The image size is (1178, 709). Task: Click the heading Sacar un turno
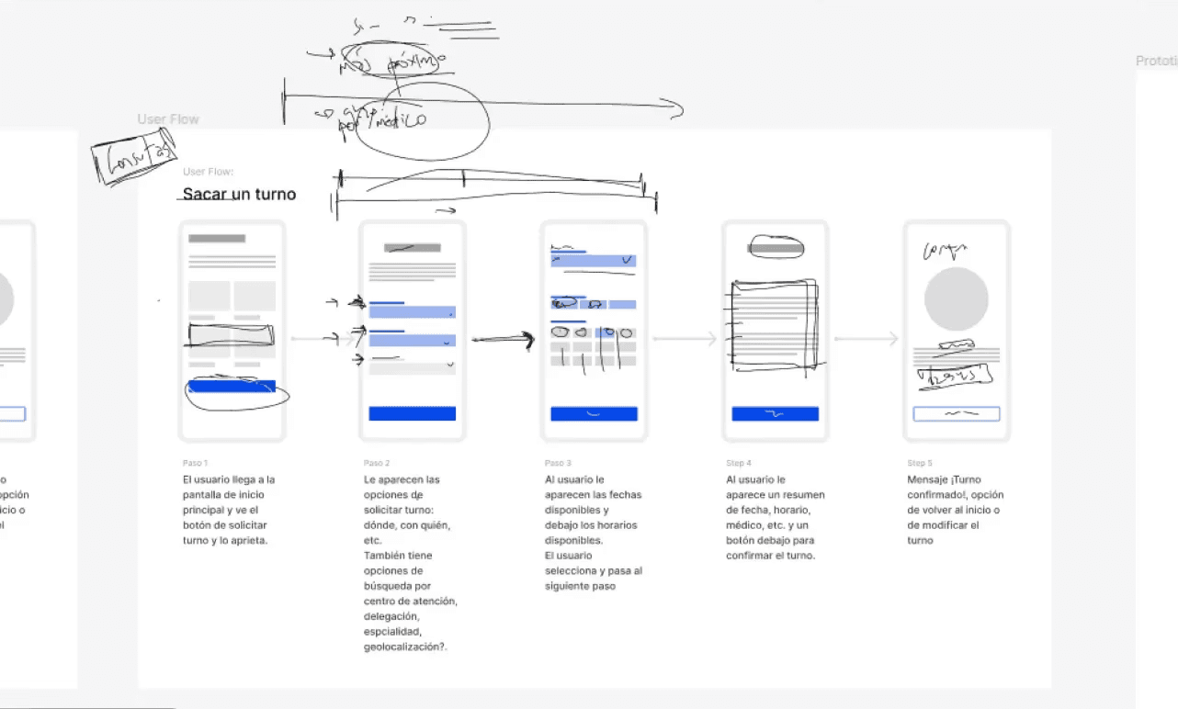coord(239,194)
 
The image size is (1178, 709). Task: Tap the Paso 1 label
coord(196,463)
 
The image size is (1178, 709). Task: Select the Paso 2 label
coord(377,463)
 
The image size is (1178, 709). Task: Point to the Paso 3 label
coord(558,463)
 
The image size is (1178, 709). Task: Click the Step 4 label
coord(739,463)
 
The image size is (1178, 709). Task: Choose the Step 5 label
coord(920,463)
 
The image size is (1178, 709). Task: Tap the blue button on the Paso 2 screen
coord(413,413)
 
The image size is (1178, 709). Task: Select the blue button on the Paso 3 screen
coord(594,413)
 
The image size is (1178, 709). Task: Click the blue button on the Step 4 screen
coord(775,413)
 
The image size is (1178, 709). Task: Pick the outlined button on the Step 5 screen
coord(956,413)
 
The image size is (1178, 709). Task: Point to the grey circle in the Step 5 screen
coord(956,299)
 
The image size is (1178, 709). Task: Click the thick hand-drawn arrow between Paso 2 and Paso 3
coord(503,340)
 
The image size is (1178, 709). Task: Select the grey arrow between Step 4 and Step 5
coord(866,339)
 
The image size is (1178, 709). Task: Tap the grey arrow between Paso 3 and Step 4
coord(685,339)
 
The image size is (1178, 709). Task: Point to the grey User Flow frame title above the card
coord(168,119)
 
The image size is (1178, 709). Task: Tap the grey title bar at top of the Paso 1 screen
coord(217,239)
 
